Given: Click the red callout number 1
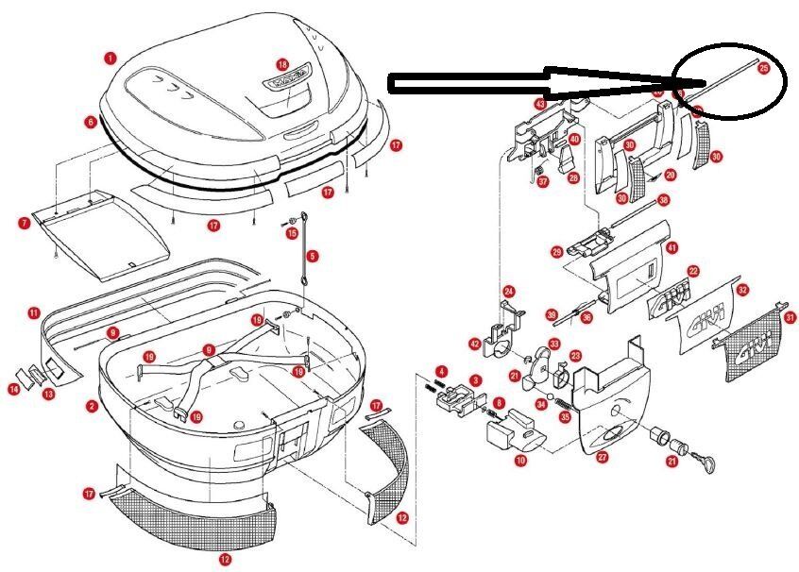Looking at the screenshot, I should point(110,58).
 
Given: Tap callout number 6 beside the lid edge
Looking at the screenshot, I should point(90,123).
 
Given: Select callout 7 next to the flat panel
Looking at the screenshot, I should point(24,224).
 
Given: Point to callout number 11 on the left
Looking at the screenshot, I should point(33,312).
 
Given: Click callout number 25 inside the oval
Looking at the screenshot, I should point(764,68).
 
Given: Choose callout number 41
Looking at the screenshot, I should point(672,247).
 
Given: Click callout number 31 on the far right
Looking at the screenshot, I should point(790,317).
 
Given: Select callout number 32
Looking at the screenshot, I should point(743,290).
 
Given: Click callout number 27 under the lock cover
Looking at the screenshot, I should point(602,458).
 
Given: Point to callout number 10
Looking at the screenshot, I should point(520,461).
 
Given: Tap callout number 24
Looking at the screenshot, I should point(508,291).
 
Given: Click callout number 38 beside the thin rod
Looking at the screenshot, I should point(663,200).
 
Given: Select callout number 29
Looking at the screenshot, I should point(556,252).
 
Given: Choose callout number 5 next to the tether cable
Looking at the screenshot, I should point(313,255).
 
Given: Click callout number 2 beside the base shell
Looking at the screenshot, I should point(92,407).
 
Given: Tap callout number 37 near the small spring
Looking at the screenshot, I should point(543,181).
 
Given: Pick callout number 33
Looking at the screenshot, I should point(554,345).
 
